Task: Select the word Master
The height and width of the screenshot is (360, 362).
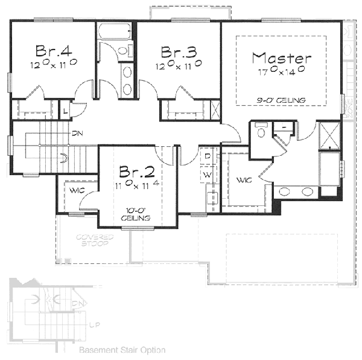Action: [282, 58]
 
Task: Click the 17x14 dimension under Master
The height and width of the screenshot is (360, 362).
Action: [282, 71]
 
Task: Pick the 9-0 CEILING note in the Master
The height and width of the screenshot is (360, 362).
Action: [281, 100]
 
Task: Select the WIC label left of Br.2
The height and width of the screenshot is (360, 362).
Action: [75, 191]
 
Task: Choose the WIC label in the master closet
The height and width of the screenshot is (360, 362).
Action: [244, 180]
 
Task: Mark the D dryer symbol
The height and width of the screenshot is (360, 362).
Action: [207, 156]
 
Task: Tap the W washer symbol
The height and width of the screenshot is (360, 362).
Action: [207, 175]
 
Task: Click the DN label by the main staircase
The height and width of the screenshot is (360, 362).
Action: [77, 133]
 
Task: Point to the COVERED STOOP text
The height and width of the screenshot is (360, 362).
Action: [93, 241]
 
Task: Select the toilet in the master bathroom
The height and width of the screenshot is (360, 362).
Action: [261, 131]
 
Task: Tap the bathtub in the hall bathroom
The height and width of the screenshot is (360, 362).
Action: [115, 30]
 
